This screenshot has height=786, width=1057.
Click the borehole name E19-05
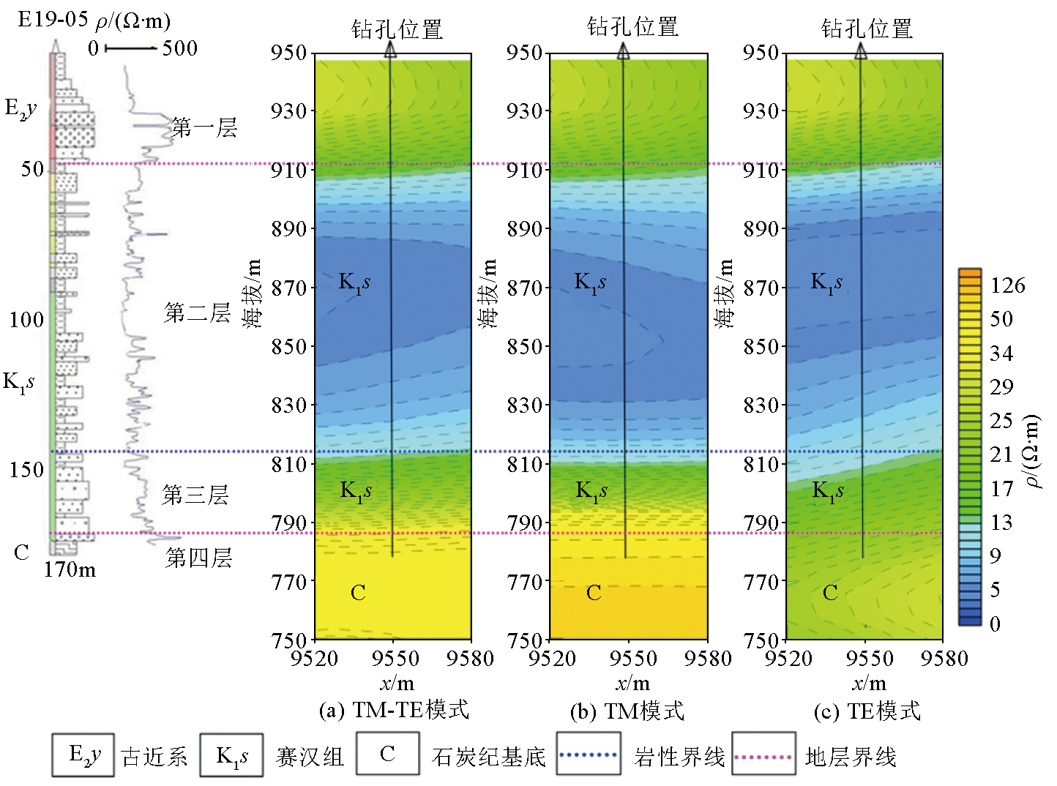tap(53, 20)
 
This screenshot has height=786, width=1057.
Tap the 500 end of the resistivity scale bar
tap(179, 48)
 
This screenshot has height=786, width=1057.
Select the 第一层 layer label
tap(203, 128)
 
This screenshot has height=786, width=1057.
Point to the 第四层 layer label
tap(198, 558)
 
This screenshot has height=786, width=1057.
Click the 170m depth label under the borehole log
tap(70, 569)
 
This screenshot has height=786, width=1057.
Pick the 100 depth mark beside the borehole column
tap(26, 319)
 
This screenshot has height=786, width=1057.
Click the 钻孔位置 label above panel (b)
tap(632, 27)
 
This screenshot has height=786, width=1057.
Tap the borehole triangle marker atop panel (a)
tap(390, 50)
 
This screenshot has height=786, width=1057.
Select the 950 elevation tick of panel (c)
tap(761, 52)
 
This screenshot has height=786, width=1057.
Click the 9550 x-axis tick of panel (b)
tap(632, 659)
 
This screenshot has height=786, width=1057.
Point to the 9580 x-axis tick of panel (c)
tap(944, 659)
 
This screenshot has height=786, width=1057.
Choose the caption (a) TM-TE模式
tap(394, 710)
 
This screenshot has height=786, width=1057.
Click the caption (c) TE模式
tap(867, 711)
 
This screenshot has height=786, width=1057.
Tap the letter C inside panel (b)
tap(594, 593)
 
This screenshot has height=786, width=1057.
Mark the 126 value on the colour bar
tap(1008, 285)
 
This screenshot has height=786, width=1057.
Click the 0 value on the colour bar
tap(994, 624)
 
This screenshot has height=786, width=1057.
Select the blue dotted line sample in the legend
tap(588, 755)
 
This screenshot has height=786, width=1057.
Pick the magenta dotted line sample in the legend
tap(763, 756)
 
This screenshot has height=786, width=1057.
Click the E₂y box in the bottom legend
tap(83, 755)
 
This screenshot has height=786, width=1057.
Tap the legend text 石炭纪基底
tap(488, 757)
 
